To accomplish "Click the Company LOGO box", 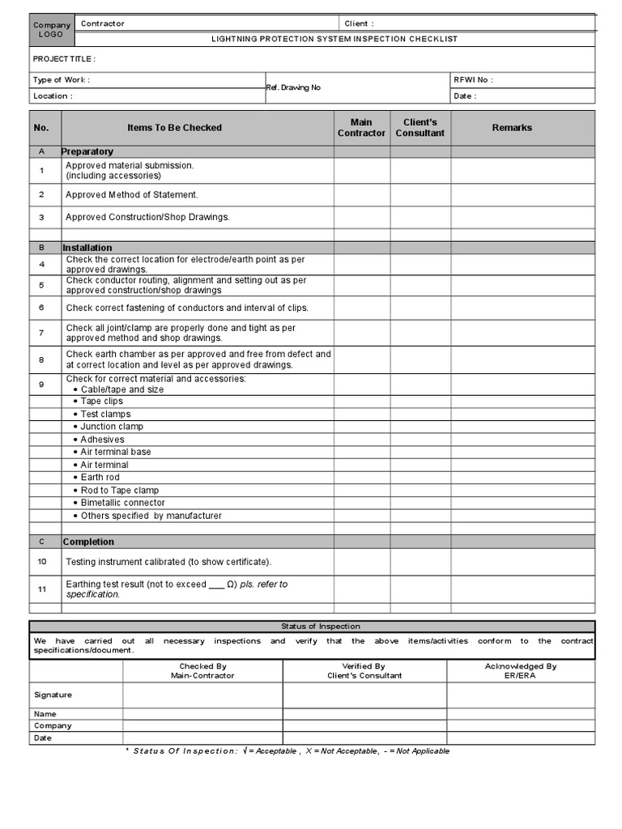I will coord(52,29).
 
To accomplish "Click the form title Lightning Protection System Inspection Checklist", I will coord(334,39).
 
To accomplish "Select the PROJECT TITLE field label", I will coord(64,59).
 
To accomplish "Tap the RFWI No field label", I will coord(474,79).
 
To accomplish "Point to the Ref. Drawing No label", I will coord(294,87).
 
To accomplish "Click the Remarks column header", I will coord(512,128).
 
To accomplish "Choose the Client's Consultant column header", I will coord(420,128).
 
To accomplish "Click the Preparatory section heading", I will coord(88,151).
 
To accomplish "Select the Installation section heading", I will coord(87,248).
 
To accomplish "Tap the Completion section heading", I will coord(89,542).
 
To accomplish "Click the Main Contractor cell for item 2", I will coord(361,195).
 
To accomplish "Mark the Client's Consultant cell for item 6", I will coord(420,308).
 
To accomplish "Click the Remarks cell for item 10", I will coord(522,562).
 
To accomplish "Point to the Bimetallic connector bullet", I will coord(122,503).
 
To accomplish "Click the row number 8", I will coord(42,359).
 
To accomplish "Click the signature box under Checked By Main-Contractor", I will coord(202,695).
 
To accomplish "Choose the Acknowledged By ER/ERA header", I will coord(520,670).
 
